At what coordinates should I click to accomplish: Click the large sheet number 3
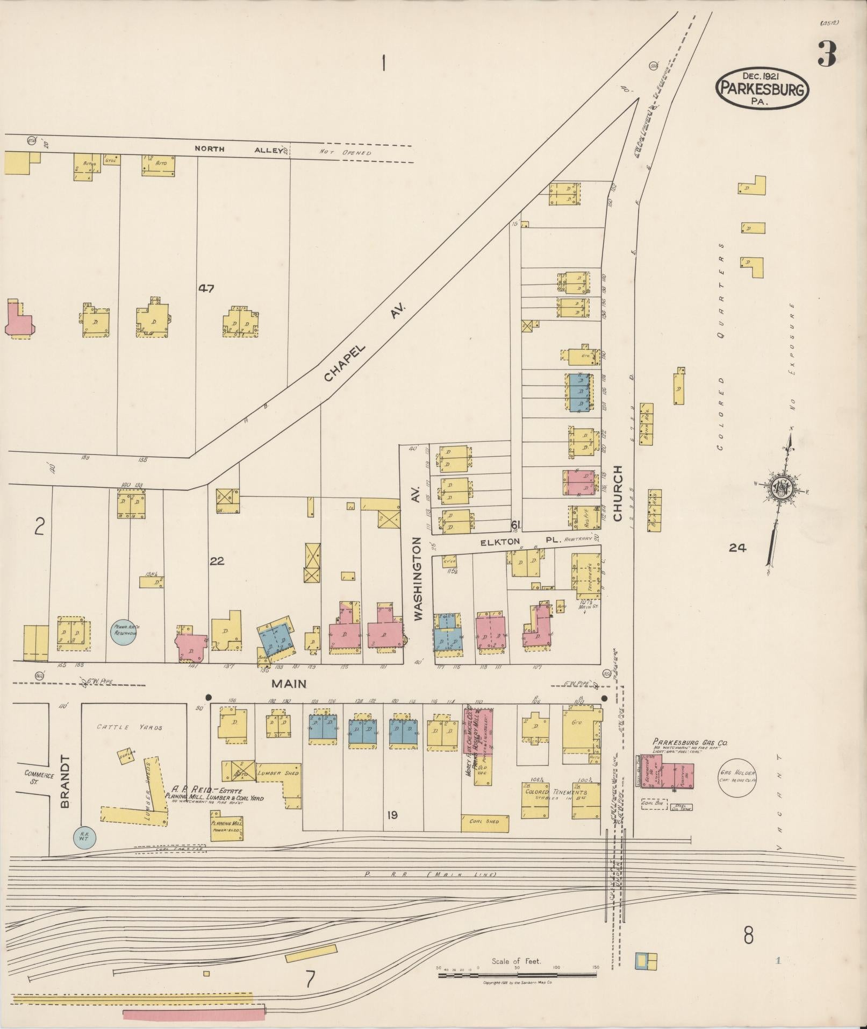[x=827, y=54]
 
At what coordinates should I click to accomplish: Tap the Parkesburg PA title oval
[x=762, y=88]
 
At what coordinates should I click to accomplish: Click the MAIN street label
[x=289, y=684]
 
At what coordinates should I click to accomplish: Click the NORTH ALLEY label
[x=239, y=150]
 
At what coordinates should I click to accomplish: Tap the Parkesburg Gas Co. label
[x=690, y=742]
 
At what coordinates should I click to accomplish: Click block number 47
[x=206, y=288]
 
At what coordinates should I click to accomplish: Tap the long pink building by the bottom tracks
[x=194, y=1014]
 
